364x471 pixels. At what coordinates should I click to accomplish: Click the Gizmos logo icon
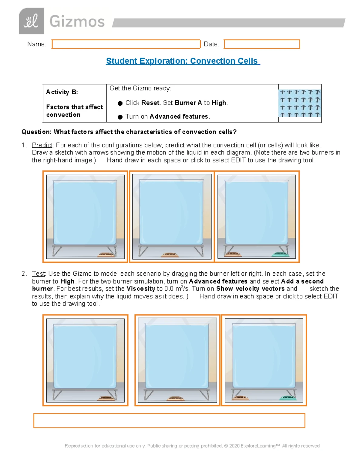[31, 21]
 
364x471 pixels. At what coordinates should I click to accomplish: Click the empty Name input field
[126, 44]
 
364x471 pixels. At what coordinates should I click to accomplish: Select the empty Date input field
[262, 44]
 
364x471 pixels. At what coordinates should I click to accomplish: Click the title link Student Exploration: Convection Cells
[183, 61]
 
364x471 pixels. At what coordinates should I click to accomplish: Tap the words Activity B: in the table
[62, 92]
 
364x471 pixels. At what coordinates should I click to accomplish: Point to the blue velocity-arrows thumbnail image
[300, 103]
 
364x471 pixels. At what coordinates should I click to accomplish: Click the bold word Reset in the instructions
[150, 103]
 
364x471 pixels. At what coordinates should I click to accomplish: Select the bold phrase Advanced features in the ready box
[179, 116]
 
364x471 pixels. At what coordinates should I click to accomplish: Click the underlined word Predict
[42, 145]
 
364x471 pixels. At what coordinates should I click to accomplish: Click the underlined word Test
[39, 274]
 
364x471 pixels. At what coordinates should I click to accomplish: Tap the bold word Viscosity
[141, 289]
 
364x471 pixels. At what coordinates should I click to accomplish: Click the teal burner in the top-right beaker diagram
[280, 254]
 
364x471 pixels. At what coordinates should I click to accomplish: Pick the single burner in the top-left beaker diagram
[106, 254]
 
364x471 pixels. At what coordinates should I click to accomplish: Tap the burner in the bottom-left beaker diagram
[106, 398]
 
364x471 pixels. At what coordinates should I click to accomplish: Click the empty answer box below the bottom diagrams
[169, 421]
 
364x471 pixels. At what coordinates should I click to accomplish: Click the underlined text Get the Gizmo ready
[140, 88]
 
